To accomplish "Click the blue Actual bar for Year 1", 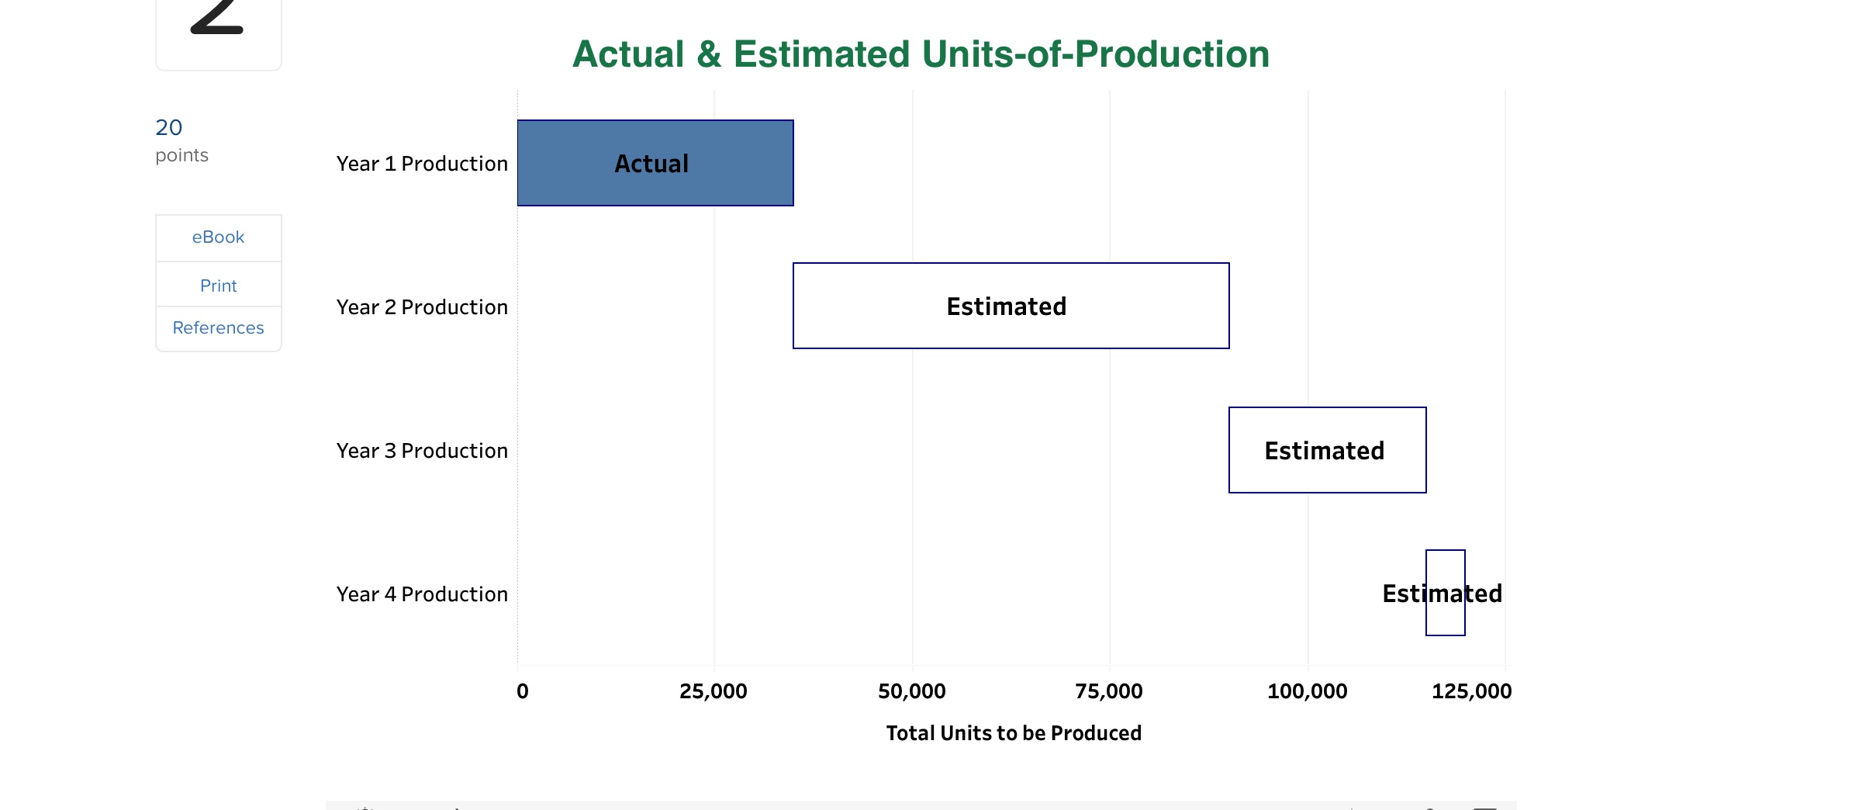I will [655, 163].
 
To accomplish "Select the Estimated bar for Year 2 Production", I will [1011, 306].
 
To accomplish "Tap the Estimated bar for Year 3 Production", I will [1327, 450].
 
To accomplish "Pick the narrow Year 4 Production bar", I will [1445, 593].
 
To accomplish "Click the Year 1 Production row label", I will [422, 164].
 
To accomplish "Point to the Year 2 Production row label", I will [422, 307].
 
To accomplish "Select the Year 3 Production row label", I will [422, 451].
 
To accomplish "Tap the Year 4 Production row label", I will [422, 594].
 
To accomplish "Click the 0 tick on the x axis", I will [523, 691].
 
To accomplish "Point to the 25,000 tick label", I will [713, 691].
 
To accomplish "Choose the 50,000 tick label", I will [911, 691].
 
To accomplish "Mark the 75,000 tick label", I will [1108, 691].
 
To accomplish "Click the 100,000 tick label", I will [1307, 691].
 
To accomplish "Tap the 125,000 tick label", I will [1471, 691].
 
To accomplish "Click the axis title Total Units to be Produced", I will [1014, 733].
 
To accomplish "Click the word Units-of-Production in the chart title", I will [1095, 54].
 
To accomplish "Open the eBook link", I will [218, 237].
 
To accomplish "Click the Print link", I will [218, 286].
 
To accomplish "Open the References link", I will [218, 328].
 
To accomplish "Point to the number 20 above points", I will [169, 127].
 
